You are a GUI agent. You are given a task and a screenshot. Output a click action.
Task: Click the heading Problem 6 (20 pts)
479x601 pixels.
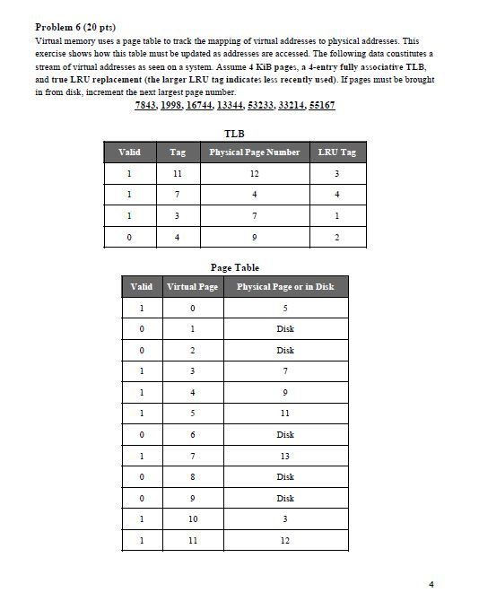74,28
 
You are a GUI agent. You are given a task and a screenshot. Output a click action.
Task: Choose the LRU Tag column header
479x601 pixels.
336,152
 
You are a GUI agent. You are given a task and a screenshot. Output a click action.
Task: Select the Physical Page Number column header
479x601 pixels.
254,152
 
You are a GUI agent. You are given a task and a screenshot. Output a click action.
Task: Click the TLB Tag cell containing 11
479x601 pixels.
178,174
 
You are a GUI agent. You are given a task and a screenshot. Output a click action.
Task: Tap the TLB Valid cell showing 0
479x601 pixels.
130,238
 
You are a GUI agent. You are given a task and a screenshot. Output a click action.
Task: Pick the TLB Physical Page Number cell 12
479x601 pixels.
255,174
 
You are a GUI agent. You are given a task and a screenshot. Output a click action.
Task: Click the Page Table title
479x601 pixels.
234,267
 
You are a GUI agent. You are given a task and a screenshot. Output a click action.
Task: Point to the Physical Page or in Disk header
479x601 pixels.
284,287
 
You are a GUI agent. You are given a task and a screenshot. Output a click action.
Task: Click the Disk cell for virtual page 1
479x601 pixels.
285,329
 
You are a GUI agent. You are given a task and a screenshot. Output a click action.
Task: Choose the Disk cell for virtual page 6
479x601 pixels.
285,434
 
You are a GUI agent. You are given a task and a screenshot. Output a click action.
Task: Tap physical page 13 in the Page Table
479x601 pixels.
285,456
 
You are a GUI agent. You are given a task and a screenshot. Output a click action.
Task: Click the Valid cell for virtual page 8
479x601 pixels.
141,476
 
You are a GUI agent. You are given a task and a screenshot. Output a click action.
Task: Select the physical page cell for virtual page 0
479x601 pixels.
285,309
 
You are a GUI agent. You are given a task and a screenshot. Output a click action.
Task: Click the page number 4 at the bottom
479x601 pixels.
431,584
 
